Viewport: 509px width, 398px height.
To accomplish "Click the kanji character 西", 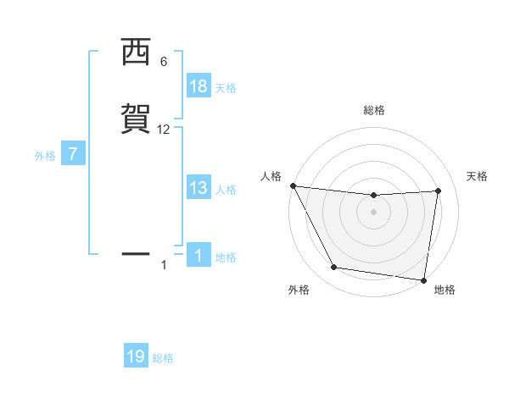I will click(135, 53).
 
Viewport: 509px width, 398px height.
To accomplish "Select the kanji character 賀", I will click(135, 119).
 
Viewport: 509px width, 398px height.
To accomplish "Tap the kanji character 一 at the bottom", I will click(135, 253).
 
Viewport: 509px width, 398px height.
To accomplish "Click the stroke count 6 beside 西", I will click(163, 62).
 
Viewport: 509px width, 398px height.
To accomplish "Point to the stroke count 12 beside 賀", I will click(164, 130).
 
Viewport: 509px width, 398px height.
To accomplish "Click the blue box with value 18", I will click(199, 87).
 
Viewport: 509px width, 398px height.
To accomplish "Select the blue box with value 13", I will click(199, 189).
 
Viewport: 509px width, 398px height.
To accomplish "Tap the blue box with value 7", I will click(73, 155).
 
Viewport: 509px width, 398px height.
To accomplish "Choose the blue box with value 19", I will click(136, 357).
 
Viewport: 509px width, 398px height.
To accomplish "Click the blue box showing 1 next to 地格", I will click(199, 257).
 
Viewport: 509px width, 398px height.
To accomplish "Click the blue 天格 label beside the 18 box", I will click(226, 88).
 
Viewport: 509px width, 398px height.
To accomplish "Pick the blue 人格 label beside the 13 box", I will click(226, 190).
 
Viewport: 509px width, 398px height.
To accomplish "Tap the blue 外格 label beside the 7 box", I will click(45, 156).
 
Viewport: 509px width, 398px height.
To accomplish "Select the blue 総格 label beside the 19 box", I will click(163, 358).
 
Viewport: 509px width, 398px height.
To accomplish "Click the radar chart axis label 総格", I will click(374, 111).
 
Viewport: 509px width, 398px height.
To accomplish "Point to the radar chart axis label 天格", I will click(478, 176).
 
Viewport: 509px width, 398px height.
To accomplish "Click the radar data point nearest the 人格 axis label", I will click(293, 185).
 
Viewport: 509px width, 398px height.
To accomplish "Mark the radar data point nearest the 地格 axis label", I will click(423, 279).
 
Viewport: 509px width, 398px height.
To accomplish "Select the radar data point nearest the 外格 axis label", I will click(334, 268).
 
